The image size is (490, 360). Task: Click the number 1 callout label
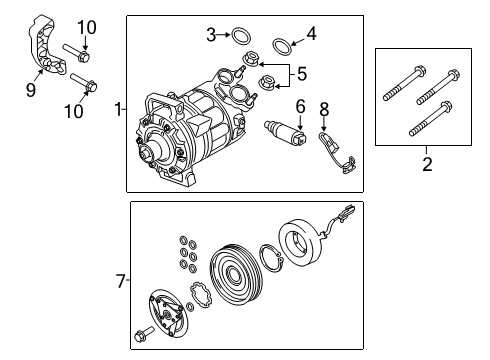[x=118, y=109]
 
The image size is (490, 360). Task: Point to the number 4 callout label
[x=311, y=35]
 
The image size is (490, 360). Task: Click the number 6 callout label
[x=299, y=106]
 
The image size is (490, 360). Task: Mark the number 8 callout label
[x=323, y=108]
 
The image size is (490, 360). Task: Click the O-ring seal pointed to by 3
[x=240, y=37]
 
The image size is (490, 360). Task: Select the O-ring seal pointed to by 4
[x=283, y=42]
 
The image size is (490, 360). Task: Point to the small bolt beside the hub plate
[x=141, y=332]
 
